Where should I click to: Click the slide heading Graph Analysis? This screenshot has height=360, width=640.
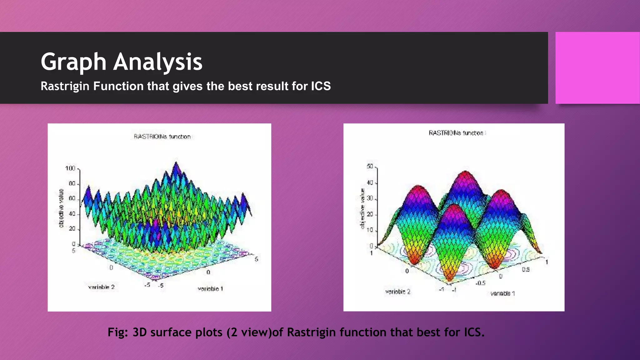pyautogui.click(x=122, y=62)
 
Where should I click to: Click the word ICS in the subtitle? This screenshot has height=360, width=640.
pyautogui.click(x=321, y=86)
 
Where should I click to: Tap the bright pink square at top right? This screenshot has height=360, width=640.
pyautogui.click(x=597, y=68)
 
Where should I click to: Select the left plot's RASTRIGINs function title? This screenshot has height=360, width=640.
pyautogui.click(x=162, y=137)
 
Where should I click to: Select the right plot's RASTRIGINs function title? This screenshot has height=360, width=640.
pyautogui.click(x=456, y=133)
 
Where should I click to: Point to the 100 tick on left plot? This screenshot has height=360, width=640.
pyautogui.click(x=70, y=168)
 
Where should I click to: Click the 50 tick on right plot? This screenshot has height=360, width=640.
pyautogui.click(x=370, y=166)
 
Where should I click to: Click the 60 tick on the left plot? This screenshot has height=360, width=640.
pyautogui.click(x=72, y=198)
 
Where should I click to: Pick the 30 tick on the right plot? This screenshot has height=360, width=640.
pyautogui.click(x=370, y=198)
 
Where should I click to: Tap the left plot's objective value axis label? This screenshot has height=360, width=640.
pyautogui.click(x=61, y=208)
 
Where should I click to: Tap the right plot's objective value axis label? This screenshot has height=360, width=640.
pyautogui.click(x=362, y=208)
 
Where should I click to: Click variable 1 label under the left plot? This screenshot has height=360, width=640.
pyautogui.click(x=210, y=289)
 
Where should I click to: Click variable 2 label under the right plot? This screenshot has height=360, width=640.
pyautogui.click(x=397, y=292)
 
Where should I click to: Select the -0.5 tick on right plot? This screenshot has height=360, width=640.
pyautogui.click(x=480, y=283)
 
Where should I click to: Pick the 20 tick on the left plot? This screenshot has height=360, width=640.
pyautogui.click(x=72, y=229)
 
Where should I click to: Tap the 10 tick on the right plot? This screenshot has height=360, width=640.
pyautogui.click(x=370, y=230)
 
